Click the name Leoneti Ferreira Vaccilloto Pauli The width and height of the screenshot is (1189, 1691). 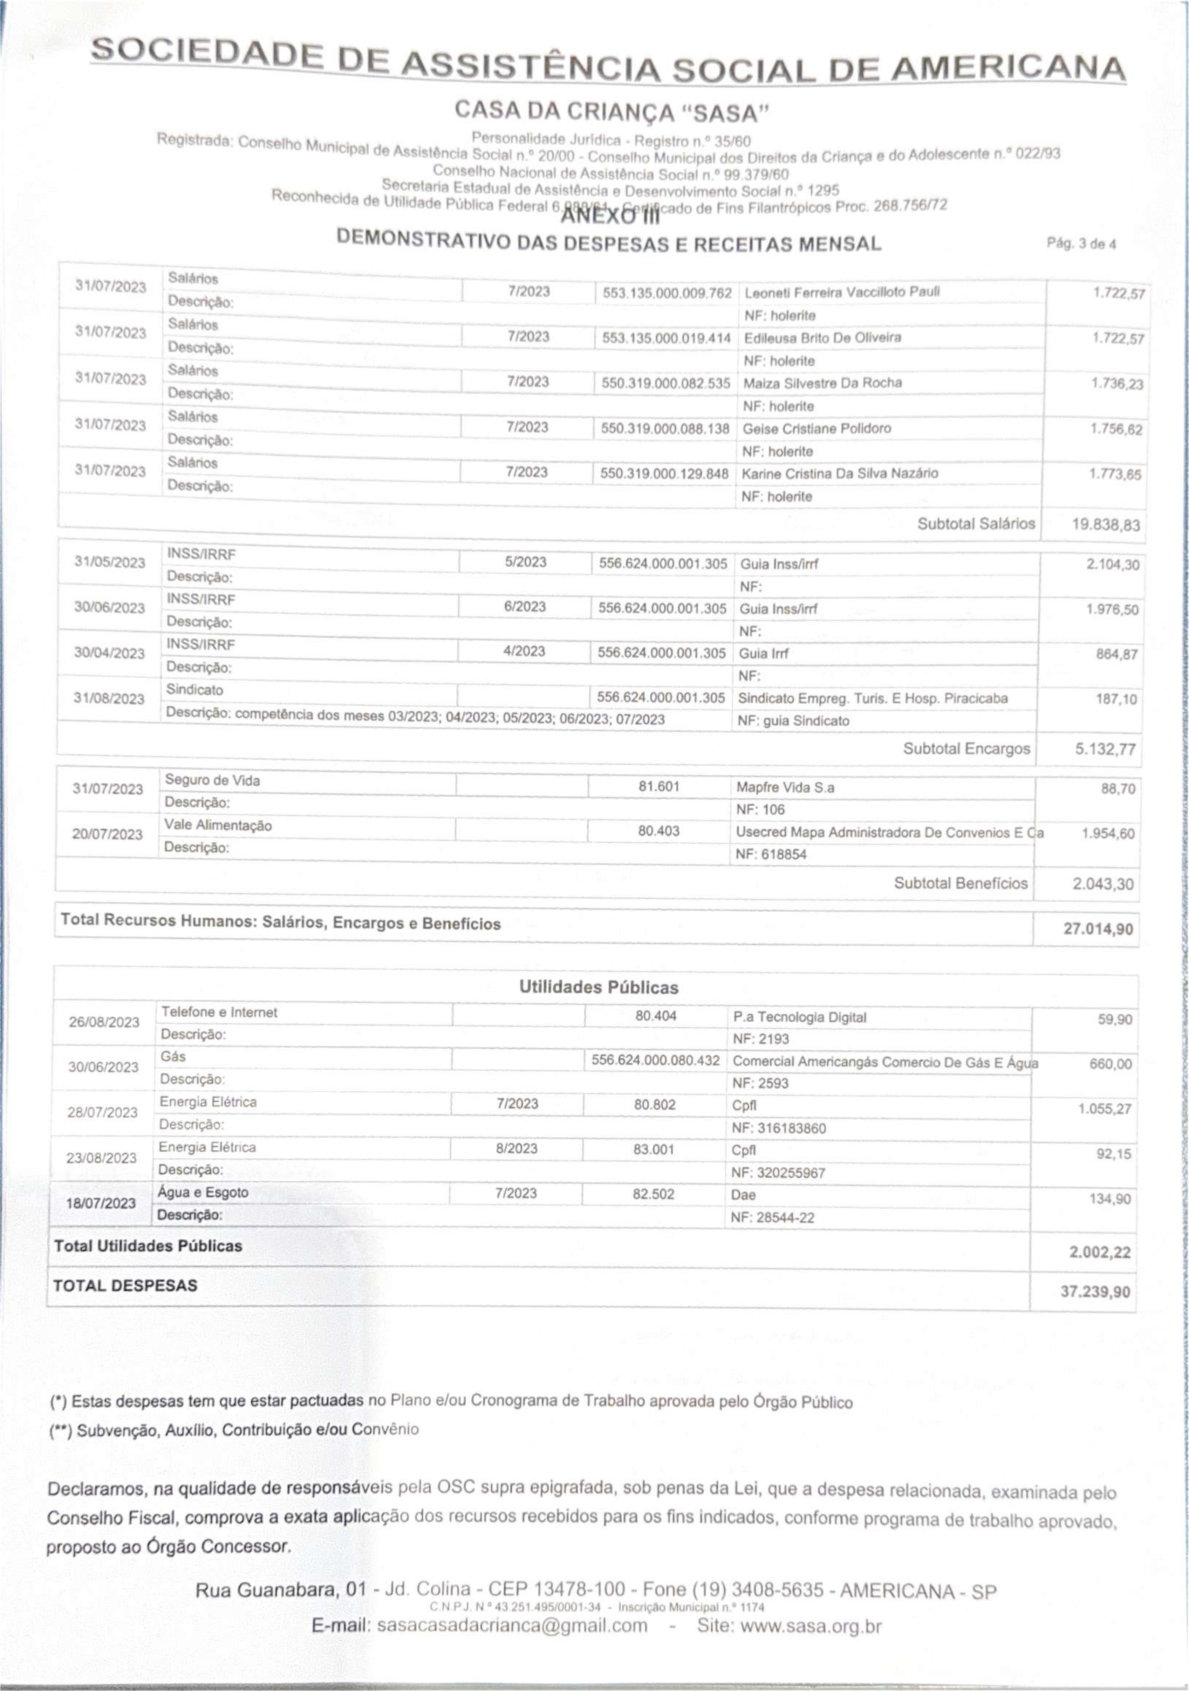(841, 292)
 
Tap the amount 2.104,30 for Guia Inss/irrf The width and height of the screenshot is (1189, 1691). (1112, 565)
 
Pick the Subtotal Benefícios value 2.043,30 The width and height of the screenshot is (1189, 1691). (1103, 884)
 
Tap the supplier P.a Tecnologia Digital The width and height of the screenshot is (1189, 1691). (799, 1017)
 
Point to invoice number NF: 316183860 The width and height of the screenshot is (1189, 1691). (779, 1127)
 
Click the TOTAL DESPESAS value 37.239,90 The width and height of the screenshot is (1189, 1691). (1095, 1292)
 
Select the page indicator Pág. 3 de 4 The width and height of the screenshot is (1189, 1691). (1081, 244)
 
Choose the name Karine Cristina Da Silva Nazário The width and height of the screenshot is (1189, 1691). (840, 473)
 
